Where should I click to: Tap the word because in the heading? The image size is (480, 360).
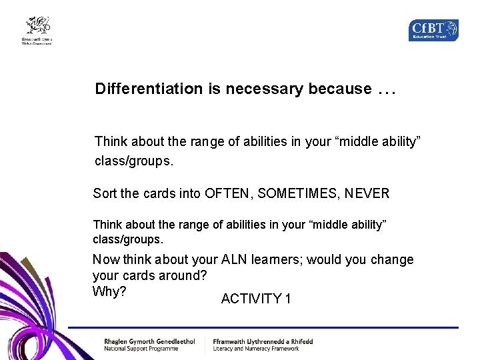click(x=339, y=89)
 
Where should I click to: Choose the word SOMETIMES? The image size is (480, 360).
click(x=299, y=194)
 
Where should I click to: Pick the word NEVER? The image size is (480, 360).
click(x=367, y=194)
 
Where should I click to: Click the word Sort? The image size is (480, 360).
click(x=105, y=194)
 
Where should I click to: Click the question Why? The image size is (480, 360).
click(x=109, y=292)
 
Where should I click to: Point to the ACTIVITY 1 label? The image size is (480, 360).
click(x=255, y=299)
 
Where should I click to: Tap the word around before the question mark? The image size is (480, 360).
click(x=183, y=276)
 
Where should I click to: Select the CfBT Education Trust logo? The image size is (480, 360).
click(x=433, y=30)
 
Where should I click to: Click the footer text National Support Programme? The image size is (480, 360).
click(x=141, y=349)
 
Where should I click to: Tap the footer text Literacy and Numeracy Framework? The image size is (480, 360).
click(x=256, y=349)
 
